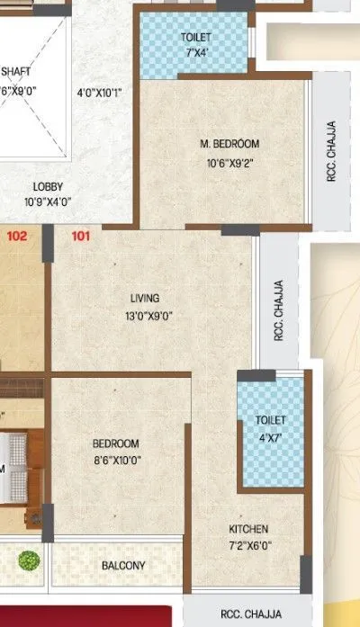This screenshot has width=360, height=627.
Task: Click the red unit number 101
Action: tap(81, 237)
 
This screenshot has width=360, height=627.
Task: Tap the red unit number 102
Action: tap(16, 237)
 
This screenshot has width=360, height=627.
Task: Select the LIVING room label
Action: tap(144, 298)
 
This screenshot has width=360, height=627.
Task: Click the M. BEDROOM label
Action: tap(229, 144)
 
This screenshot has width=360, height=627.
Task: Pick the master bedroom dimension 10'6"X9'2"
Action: tap(229, 163)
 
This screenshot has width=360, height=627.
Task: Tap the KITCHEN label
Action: tap(248, 529)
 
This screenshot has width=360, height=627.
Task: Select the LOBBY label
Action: tap(49, 187)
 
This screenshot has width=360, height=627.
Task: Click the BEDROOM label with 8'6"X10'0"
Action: tap(116, 443)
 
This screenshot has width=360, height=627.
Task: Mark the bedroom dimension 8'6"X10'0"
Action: tap(116, 461)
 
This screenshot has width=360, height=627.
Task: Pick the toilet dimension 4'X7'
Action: tap(270, 437)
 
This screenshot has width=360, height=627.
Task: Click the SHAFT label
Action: tap(16, 72)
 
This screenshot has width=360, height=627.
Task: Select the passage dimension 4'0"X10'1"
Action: tap(99, 92)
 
